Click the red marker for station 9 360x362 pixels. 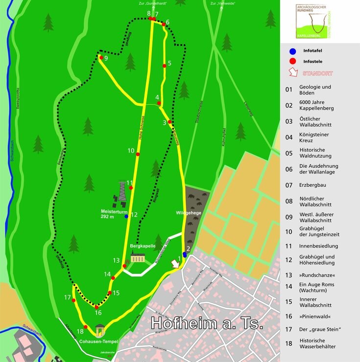101,58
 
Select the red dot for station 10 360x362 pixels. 138,154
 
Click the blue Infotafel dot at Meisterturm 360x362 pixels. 126,216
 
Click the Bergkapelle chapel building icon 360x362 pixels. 137,258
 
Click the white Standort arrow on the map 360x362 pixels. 174,264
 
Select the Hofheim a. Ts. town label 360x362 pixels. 207,323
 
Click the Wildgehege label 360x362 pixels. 189,213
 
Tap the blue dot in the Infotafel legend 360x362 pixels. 292,51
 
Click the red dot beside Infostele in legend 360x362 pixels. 292,61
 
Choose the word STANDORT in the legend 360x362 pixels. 317,73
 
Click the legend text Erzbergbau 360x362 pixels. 312,185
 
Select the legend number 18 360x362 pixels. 289,343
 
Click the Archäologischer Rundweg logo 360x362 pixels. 316,22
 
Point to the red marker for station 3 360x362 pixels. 169,122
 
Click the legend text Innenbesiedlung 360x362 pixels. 318,246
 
